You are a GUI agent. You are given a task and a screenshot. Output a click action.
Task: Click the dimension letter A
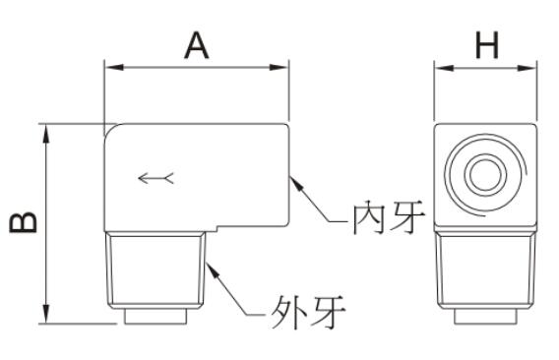pos(197,45)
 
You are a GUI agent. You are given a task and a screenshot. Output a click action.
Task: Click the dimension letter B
pos(24,222)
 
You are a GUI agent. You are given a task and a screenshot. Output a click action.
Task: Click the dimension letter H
pos(487,45)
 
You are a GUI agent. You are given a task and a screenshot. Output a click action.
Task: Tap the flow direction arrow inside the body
pos(155,178)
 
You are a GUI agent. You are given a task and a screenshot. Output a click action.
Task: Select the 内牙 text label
pos(389,217)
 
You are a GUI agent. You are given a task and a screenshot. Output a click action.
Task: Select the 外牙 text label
pos(308,312)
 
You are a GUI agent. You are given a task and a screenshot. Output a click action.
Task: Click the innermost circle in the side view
pos(485,174)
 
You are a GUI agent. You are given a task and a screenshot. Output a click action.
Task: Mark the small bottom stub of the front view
pos(155,317)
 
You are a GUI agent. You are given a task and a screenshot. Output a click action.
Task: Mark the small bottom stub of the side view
pos(485,317)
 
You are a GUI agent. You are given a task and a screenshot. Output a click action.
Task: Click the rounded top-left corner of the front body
pos(108,128)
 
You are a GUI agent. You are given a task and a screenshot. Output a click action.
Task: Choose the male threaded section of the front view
pos(155,270)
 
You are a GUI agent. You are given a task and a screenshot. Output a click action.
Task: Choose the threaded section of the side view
pos(485,270)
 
